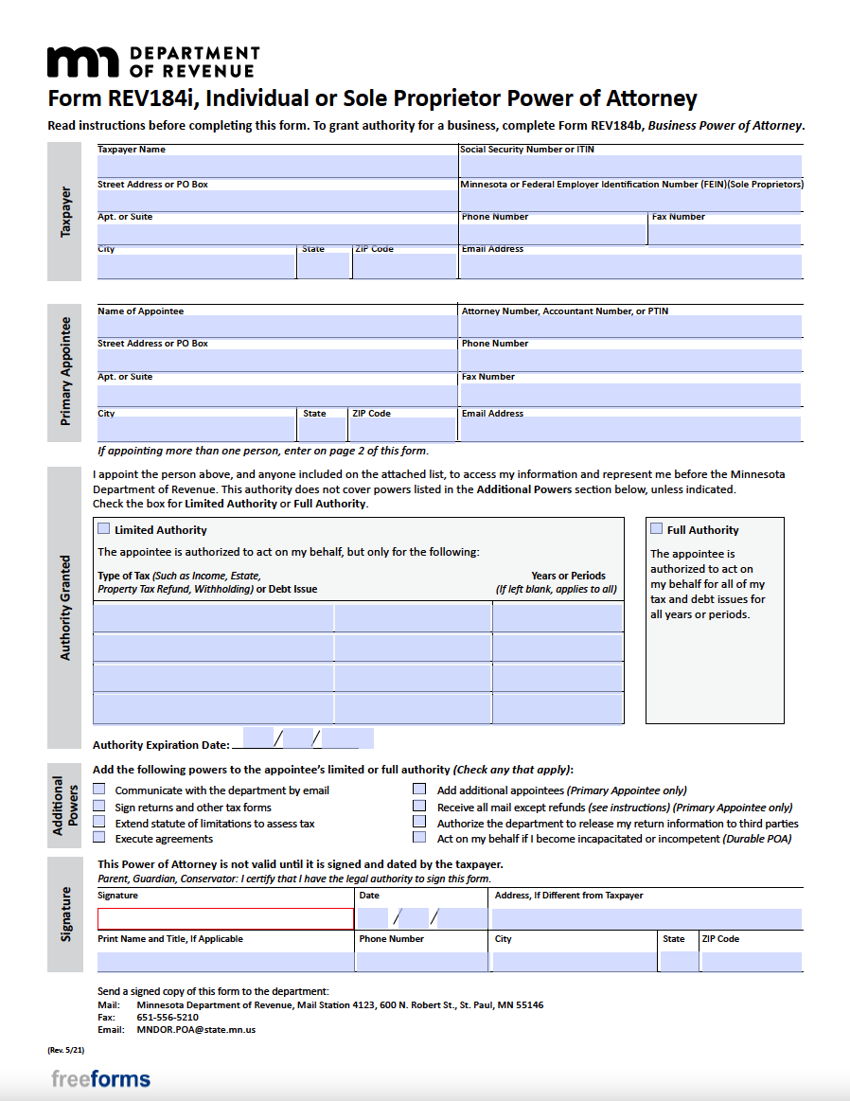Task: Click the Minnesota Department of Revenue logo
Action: pyautogui.click(x=152, y=62)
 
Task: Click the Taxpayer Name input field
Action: pyautogui.click(x=276, y=167)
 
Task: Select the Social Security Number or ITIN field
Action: pyautogui.click(x=630, y=167)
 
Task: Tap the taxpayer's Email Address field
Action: pyautogui.click(x=630, y=266)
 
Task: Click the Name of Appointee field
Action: pyautogui.click(x=276, y=327)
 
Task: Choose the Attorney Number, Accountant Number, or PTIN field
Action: pyautogui.click(x=630, y=327)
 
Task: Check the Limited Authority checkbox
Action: pyautogui.click(x=103, y=529)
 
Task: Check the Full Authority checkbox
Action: pyautogui.click(x=657, y=529)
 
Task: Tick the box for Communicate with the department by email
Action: pyautogui.click(x=99, y=790)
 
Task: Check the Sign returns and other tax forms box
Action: pyautogui.click(x=99, y=807)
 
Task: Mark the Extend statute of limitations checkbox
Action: pyautogui.click(x=99, y=823)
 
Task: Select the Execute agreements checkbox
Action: pyautogui.click(x=99, y=838)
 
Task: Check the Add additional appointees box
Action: pyautogui.click(x=418, y=790)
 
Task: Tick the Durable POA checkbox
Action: pyautogui.click(x=418, y=838)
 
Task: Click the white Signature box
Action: pyautogui.click(x=225, y=918)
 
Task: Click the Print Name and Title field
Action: pyautogui.click(x=225, y=962)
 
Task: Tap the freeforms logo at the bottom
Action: pyautogui.click(x=100, y=1079)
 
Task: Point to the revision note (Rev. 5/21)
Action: pyautogui.click(x=65, y=1050)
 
